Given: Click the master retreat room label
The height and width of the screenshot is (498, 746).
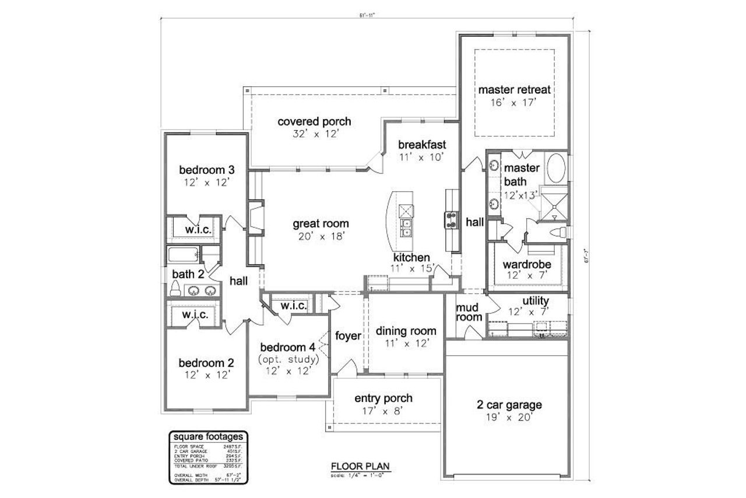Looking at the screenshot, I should [515, 90].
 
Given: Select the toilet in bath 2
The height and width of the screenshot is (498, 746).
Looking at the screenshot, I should [175, 287].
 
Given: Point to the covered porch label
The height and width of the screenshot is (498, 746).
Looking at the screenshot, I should [314, 122].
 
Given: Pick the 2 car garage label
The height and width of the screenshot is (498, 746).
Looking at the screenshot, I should [509, 405].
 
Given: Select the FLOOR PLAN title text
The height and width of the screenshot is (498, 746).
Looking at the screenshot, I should [360, 466].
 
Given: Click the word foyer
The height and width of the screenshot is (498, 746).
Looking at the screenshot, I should [349, 336].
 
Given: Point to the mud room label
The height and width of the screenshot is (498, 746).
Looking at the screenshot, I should [469, 312].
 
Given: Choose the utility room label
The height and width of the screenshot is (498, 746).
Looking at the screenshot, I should [535, 301].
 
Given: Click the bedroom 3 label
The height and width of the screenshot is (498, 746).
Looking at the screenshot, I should [206, 170].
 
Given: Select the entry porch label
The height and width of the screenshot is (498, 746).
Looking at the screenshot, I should [383, 398].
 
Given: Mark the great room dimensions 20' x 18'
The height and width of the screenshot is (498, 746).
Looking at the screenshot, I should [321, 236].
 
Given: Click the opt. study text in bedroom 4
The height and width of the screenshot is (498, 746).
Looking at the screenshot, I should [288, 359].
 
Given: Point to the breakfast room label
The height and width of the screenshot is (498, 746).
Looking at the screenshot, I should [422, 145].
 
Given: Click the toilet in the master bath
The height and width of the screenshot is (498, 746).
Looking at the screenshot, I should [561, 233].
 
